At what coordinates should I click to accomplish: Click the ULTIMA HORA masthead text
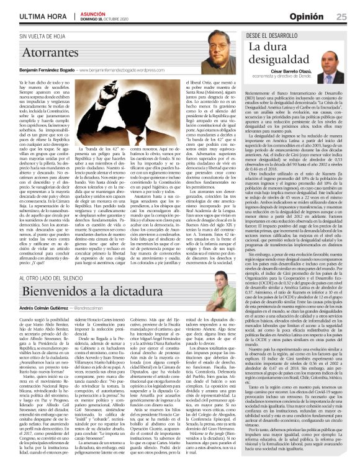[x=31, y=15]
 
